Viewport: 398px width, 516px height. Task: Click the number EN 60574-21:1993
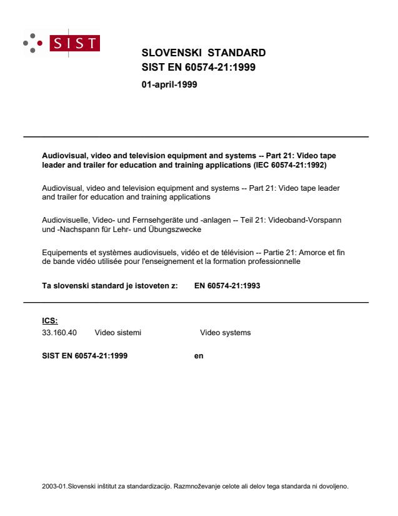click(227, 285)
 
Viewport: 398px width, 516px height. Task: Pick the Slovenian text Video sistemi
click(118, 333)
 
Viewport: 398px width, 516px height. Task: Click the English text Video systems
click(225, 333)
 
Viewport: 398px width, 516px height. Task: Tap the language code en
click(199, 356)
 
